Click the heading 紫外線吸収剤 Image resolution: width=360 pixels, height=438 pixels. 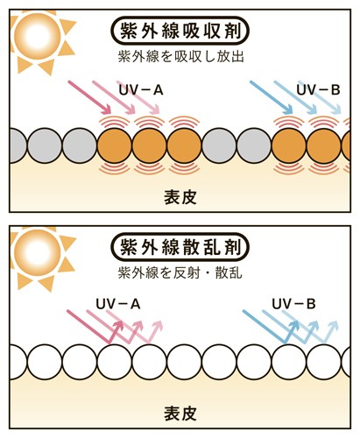point(180,31)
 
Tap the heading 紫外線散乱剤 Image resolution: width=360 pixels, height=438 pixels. point(180,247)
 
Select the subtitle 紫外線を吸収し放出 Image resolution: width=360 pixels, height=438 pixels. point(181,56)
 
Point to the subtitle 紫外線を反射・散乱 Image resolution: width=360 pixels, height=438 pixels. point(180,272)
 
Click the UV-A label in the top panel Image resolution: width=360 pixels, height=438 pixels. point(141,90)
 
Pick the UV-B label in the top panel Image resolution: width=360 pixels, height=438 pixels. point(318,90)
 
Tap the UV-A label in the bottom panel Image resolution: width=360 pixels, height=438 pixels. point(118,304)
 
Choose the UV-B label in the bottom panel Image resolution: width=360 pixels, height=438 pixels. point(293,304)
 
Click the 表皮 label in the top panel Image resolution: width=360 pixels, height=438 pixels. point(180,197)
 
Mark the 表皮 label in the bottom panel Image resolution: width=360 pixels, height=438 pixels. point(180,413)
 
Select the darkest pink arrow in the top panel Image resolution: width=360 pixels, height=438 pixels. point(89,97)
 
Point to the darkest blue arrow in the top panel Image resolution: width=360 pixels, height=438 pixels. point(272,97)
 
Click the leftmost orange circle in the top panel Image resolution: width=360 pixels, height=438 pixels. point(115,145)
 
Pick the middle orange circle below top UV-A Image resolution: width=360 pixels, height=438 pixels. point(149,145)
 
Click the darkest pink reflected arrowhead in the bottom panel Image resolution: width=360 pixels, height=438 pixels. point(118,325)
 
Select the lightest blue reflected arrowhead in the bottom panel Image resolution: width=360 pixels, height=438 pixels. point(333,325)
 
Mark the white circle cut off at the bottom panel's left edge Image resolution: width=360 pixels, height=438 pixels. point(18,362)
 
